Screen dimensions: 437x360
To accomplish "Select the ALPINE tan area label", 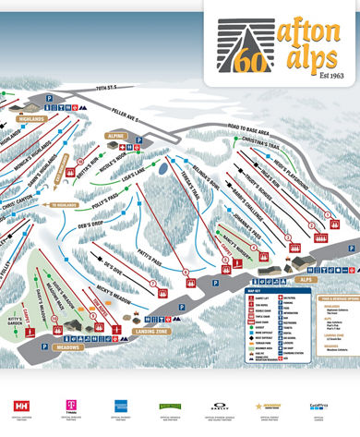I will tap(115, 135).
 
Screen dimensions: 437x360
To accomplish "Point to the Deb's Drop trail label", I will tap(95, 224).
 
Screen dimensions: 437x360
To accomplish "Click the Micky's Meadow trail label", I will tap(114, 296).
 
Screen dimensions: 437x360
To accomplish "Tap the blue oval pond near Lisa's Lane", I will tap(164, 169).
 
